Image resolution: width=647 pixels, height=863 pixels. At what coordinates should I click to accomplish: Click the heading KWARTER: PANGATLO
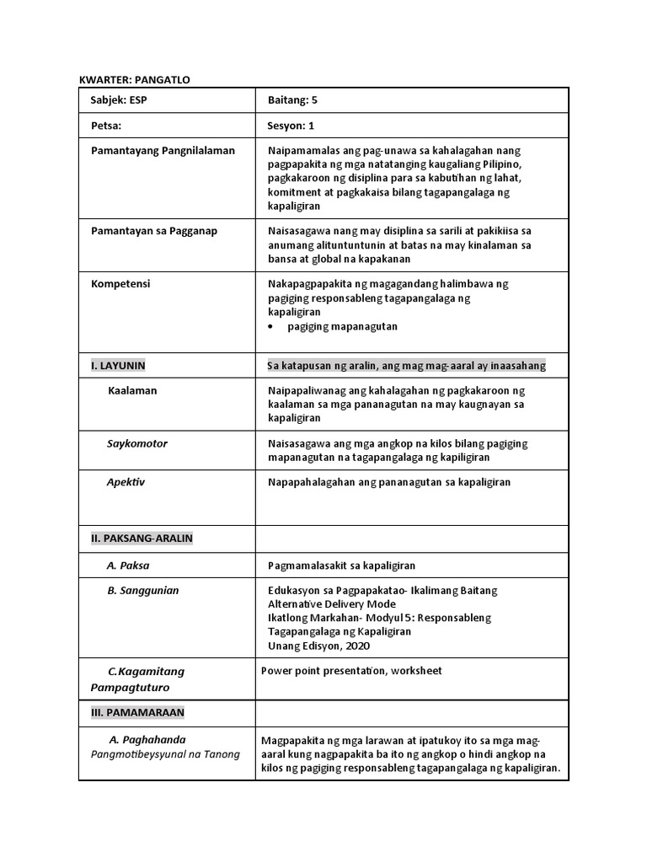135,79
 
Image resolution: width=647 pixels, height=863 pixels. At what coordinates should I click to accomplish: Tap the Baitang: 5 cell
292,100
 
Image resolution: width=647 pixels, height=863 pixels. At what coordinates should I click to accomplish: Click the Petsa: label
106,126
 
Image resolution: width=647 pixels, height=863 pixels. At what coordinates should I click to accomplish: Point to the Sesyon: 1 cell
291,126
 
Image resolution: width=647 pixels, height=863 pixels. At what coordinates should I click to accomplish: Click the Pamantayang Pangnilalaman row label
163,151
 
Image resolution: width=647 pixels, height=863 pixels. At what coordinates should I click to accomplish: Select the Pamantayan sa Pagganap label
154,231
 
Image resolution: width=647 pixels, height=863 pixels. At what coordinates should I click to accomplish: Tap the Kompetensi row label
120,284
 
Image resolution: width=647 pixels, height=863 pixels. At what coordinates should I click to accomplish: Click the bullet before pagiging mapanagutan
270,326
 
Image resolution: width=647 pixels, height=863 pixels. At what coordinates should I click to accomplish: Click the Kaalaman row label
132,391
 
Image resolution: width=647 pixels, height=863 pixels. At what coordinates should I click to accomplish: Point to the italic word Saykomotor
137,443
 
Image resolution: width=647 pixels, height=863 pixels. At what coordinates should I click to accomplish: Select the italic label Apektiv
126,482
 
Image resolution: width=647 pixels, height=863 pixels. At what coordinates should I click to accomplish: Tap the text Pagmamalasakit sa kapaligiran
341,566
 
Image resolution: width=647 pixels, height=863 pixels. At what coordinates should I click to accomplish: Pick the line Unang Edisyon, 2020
318,646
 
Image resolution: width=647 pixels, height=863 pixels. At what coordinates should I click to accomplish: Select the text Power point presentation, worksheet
351,671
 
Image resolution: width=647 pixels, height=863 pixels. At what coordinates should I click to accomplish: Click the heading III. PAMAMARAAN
137,713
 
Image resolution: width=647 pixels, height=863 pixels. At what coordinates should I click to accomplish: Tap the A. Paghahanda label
147,739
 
